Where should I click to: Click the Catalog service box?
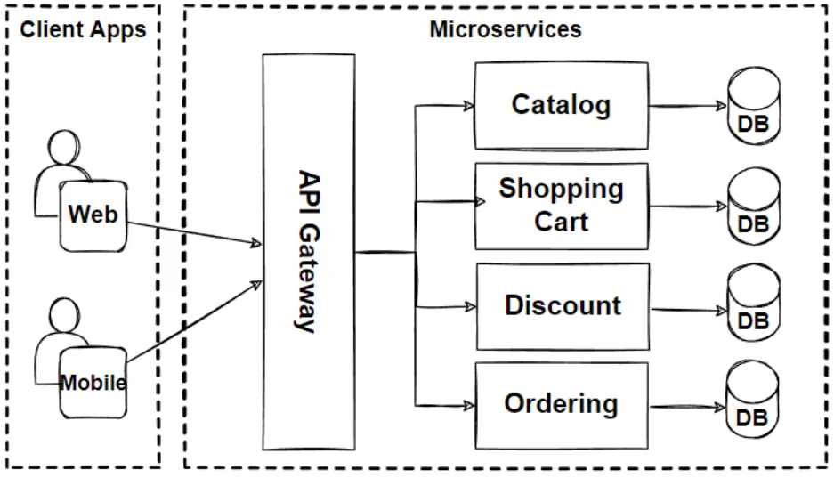point(561,105)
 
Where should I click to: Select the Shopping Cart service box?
point(561,206)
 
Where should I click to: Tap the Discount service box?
point(563,306)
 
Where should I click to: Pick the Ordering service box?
point(561,405)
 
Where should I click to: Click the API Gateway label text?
point(306,251)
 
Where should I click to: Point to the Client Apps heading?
point(83,29)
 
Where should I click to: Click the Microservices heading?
point(505,29)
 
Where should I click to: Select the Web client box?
point(93,215)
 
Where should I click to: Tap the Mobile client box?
point(93,384)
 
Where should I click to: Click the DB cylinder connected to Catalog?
point(753,108)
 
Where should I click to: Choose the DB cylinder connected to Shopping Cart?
point(753,207)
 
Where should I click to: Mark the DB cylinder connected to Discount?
point(753,305)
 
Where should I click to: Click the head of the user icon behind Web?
point(65,148)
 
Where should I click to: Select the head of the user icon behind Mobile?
point(65,315)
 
